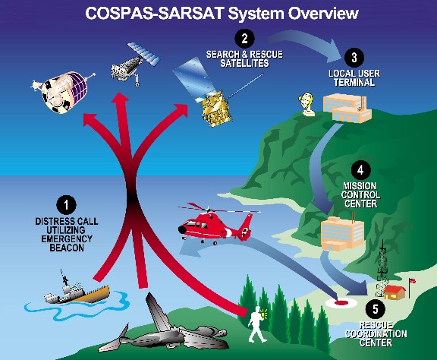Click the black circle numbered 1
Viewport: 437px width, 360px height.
pos(66,205)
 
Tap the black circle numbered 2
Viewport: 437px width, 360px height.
pos(244,39)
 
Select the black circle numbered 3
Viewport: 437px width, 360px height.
pos(354,58)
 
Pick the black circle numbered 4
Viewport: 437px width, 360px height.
pos(360,170)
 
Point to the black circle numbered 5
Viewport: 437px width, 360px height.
pos(376,309)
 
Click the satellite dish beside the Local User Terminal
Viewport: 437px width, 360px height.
pos(307,104)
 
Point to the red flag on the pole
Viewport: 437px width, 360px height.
pos(412,281)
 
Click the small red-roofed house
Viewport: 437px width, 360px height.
pos(395,292)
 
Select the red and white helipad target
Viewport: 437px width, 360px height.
pos(341,303)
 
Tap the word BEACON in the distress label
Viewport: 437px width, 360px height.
pos(67,248)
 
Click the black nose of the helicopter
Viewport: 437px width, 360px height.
pos(182,229)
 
